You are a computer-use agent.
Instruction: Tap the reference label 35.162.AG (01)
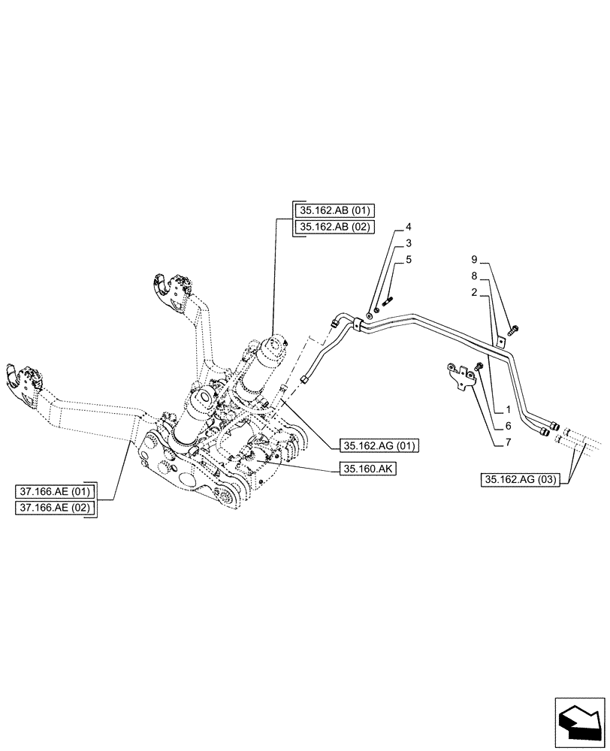click(x=381, y=445)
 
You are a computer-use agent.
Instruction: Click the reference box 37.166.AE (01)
click(x=53, y=492)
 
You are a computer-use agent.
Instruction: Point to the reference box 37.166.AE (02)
click(x=53, y=508)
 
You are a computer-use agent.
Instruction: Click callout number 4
click(x=409, y=227)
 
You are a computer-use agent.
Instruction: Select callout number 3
click(x=409, y=243)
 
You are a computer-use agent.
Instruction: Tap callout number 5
click(x=409, y=260)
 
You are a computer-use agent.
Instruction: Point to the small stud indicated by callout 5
click(x=388, y=303)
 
